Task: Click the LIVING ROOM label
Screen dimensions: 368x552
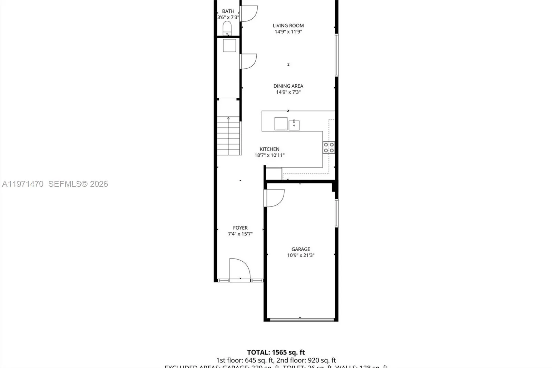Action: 288,26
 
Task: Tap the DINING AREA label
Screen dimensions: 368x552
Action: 288,86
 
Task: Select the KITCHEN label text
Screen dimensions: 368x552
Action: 269,149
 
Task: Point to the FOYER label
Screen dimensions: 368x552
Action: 240,228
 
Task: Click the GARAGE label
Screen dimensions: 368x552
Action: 300,249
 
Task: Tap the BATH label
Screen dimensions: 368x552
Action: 228,11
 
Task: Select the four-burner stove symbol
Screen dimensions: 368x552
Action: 328,147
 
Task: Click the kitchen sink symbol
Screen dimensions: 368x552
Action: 294,125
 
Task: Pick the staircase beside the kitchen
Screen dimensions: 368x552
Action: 228,136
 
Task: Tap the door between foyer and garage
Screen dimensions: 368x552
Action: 275,198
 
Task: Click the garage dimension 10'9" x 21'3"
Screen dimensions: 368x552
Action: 300,255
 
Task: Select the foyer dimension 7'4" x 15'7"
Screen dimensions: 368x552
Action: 240,234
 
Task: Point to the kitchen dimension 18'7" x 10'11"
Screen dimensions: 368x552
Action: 269,155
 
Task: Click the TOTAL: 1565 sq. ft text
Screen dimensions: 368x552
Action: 276,352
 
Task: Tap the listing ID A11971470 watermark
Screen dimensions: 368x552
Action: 23,184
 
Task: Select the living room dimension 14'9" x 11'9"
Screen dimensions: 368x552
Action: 288,32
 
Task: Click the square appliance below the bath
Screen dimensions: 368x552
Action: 229,46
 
